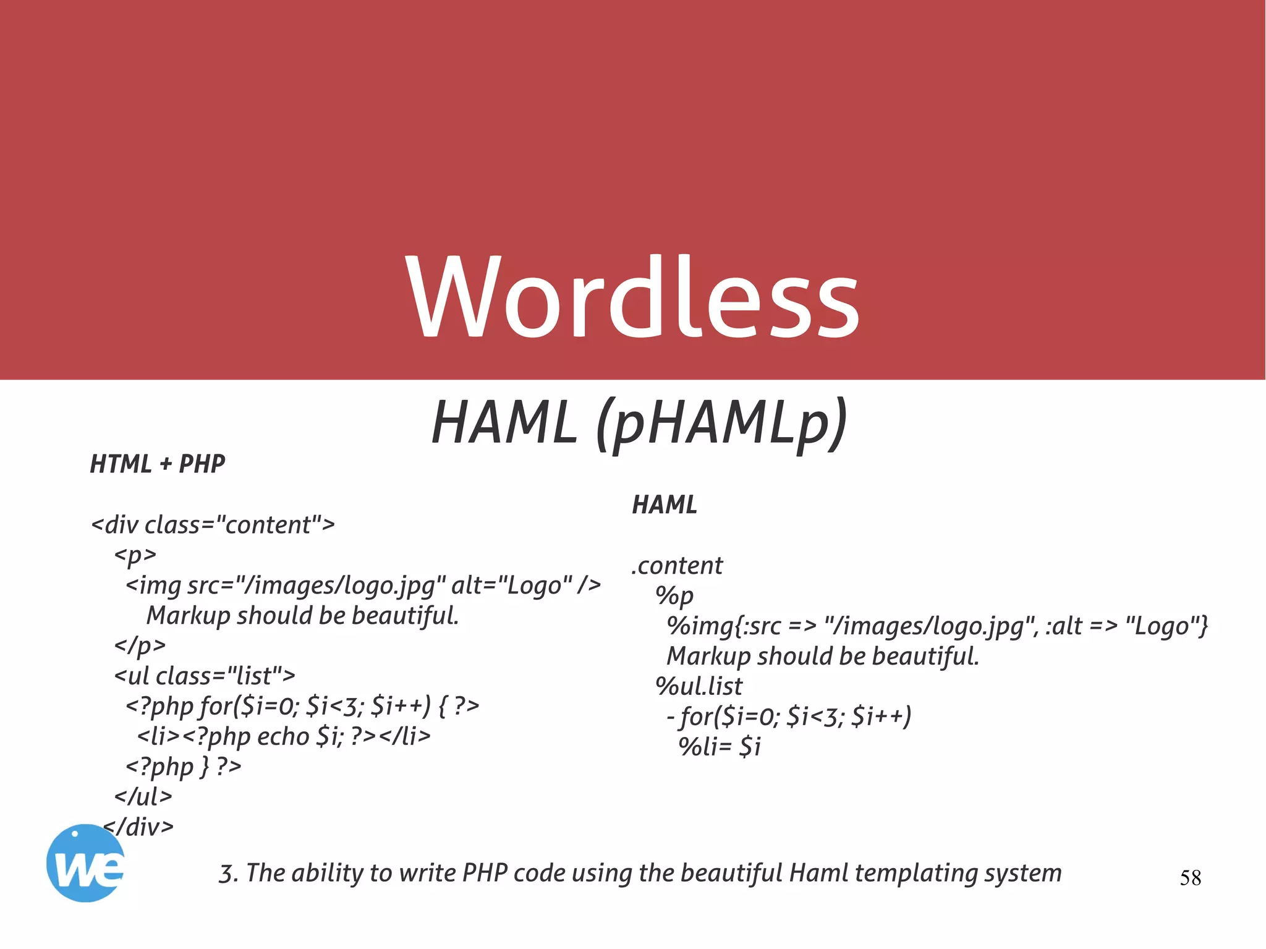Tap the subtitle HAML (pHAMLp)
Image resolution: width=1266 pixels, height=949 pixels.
pos(639,423)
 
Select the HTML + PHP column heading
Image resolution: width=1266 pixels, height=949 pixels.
pos(158,464)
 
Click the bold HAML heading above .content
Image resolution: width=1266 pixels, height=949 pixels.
pos(665,505)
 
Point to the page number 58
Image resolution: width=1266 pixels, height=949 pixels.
pos(1190,878)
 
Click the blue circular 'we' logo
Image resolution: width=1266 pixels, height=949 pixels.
pos(85,864)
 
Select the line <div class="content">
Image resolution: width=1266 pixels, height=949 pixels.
pos(213,525)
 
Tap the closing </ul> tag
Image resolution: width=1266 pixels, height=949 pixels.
pos(143,796)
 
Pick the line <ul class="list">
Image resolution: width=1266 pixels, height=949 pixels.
pos(205,676)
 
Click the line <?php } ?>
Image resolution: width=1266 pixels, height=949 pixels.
pos(184,767)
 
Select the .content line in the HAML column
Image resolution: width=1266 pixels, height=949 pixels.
pos(677,566)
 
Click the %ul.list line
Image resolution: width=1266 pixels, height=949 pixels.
pos(699,686)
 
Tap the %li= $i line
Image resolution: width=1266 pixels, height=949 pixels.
pos(720,747)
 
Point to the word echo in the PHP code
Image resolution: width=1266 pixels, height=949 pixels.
pos(283,736)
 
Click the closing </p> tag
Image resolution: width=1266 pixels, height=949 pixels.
pos(140,645)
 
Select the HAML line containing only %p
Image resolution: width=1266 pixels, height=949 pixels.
pos(674,596)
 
